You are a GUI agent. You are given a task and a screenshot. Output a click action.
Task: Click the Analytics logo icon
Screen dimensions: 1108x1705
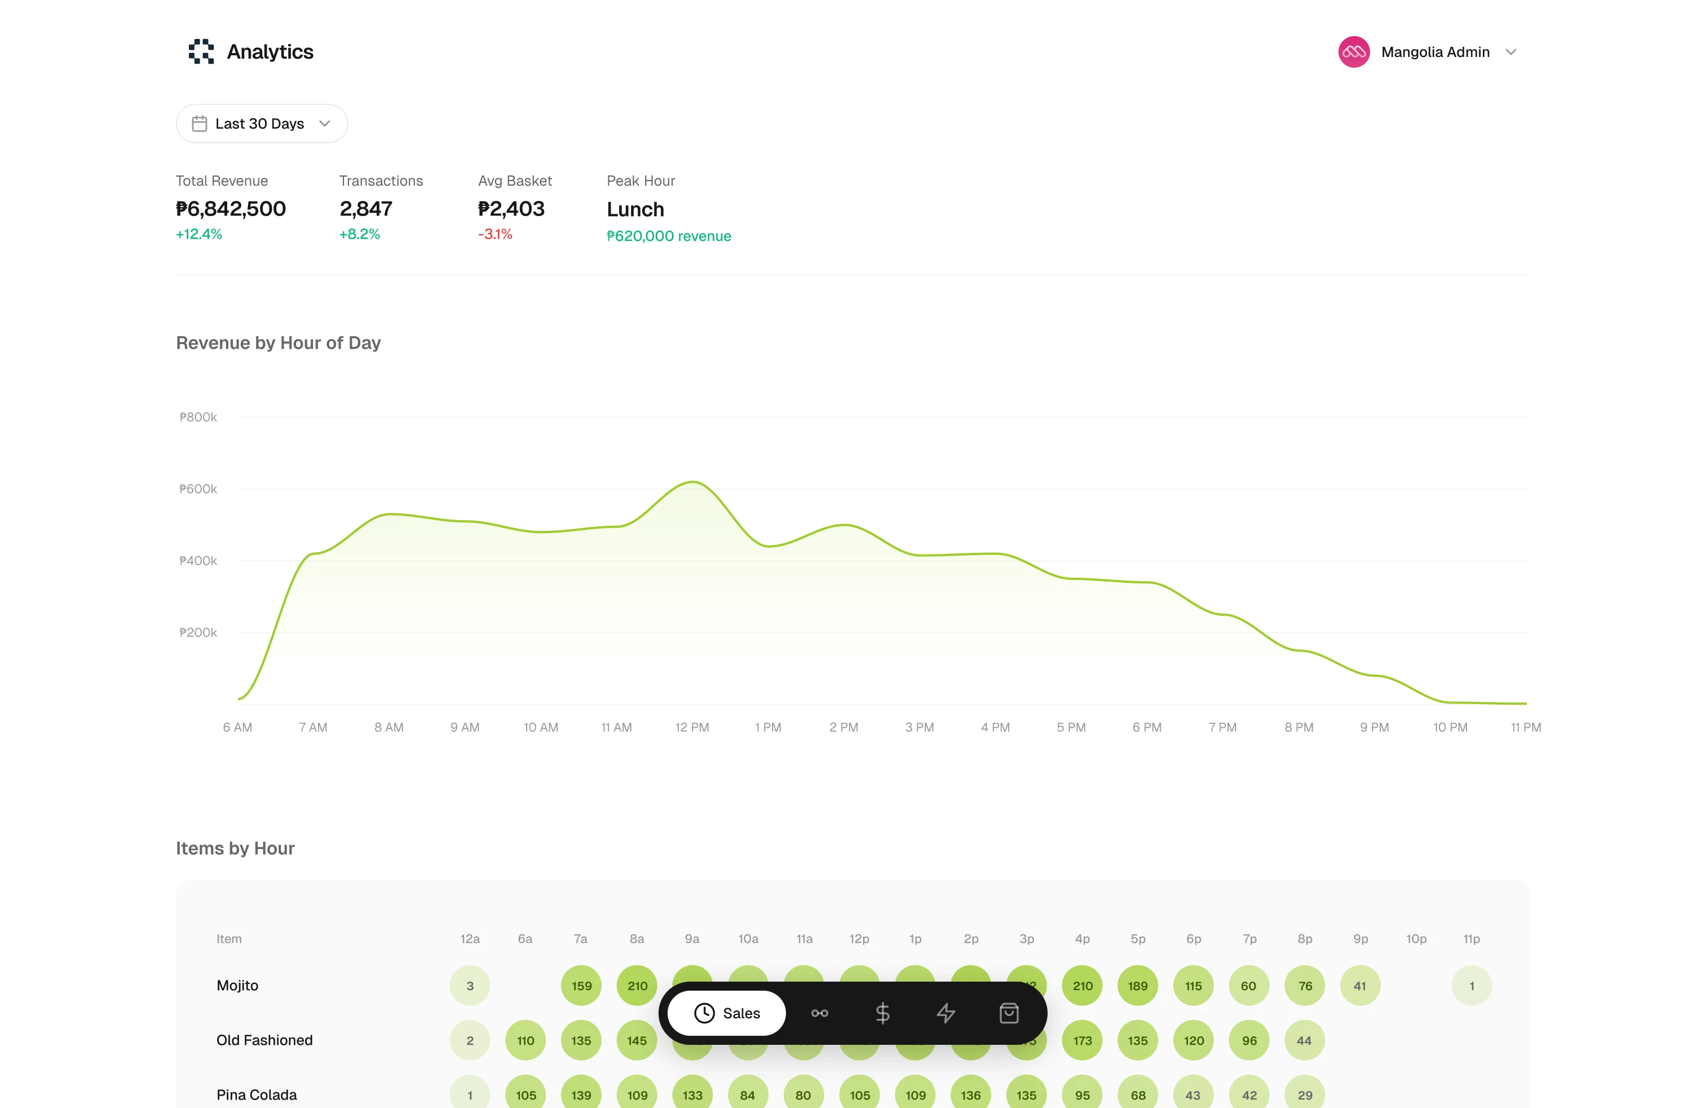pyautogui.click(x=201, y=51)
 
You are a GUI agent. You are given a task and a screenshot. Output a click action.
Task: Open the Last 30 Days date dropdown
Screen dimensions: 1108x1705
pyautogui.click(x=262, y=124)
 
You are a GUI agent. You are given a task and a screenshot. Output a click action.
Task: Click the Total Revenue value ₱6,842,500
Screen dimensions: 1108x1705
pyautogui.click(x=231, y=209)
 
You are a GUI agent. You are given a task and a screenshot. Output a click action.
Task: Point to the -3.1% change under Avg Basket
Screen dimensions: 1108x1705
pyautogui.click(x=495, y=234)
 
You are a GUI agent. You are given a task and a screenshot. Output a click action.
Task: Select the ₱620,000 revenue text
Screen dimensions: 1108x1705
pyautogui.click(x=668, y=236)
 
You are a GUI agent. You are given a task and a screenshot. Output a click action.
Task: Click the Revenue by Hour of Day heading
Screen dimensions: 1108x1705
pyautogui.click(x=278, y=342)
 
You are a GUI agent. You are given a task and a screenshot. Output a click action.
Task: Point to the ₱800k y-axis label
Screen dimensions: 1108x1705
pyautogui.click(x=198, y=417)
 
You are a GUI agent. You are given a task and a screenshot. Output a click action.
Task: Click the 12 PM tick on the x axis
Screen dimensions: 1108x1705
pyautogui.click(x=692, y=727)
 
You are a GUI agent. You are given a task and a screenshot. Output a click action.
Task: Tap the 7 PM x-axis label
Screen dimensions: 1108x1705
pyautogui.click(x=1222, y=727)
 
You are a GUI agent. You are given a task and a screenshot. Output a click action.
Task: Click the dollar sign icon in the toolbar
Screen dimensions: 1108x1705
pyautogui.click(x=882, y=1013)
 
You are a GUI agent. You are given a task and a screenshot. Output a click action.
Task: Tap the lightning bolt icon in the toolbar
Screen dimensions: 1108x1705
pyautogui.click(x=946, y=1013)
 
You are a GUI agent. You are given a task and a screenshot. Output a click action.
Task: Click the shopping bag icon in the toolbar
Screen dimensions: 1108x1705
pyautogui.click(x=1009, y=1013)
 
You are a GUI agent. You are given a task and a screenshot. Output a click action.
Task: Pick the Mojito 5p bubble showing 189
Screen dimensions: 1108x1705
pyautogui.click(x=1138, y=986)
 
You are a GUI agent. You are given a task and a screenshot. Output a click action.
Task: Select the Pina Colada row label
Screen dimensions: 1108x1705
pyautogui.click(x=257, y=1095)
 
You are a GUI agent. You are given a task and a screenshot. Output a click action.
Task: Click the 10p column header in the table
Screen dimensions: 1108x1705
pyautogui.click(x=1416, y=939)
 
